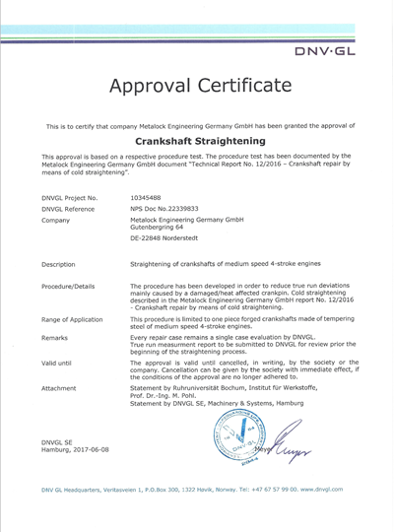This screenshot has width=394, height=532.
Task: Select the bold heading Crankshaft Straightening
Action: pos(196,141)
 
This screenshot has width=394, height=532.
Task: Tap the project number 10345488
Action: pos(148,199)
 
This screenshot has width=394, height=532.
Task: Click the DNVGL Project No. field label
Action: pos(72,199)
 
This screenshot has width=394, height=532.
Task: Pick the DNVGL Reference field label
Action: pos(68,210)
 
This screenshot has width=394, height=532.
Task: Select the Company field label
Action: pos(55,221)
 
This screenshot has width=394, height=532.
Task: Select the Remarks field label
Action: pos(57,338)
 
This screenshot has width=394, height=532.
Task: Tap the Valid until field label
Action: pos(60,363)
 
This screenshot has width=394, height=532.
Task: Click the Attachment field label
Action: pos(61,387)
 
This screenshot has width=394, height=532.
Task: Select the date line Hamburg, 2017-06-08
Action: pos(75,449)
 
